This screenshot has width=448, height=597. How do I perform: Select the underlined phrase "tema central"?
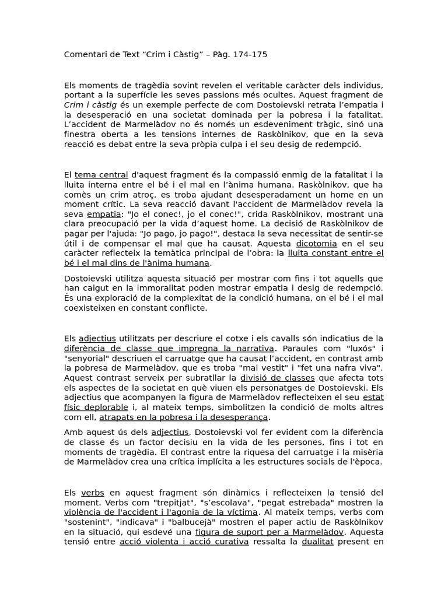tap(101, 174)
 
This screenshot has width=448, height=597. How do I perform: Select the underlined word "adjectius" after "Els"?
tap(97, 338)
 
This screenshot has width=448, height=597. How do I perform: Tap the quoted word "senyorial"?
tap(87, 358)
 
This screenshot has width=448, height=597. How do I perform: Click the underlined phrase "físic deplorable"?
tap(96, 408)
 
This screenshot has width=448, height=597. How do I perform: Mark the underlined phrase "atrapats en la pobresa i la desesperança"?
tap(184, 417)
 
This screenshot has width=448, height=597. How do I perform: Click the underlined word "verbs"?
tap(93, 493)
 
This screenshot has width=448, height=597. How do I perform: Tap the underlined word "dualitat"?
tap(318, 542)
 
